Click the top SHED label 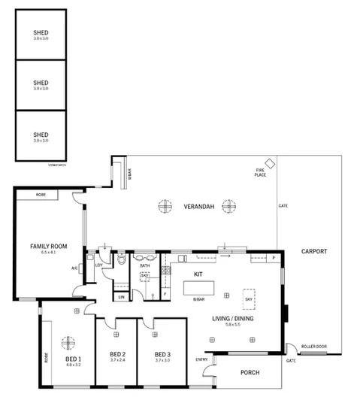(x=41, y=32)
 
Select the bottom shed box (x=41, y=135)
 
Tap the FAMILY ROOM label (x=49, y=247)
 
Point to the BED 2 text (x=116, y=354)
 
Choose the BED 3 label (x=162, y=354)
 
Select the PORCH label (x=250, y=373)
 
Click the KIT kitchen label (x=199, y=274)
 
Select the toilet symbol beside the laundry (x=122, y=262)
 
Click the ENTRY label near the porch (x=201, y=359)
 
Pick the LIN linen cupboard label (x=121, y=297)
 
